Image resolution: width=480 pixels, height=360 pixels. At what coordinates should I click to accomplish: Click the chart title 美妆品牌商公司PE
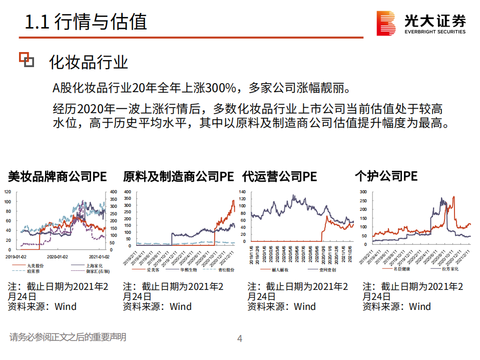[x=57, y=176]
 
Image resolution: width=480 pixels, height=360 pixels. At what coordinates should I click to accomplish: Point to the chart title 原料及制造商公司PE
[x=179, y=176]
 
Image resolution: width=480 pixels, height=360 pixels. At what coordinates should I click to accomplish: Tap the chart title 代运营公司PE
[x=279, y=176]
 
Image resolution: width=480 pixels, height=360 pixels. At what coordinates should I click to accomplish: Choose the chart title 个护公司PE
[x=386, y=176]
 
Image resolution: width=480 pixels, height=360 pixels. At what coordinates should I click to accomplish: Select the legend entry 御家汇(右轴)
[x=96, y=271]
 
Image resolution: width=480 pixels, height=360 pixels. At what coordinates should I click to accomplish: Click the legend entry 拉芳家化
[x=448, y=269]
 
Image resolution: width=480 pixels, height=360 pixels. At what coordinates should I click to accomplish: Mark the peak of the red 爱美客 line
[x=233, y=200]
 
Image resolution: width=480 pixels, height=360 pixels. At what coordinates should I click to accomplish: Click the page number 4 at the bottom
[x=239, y=339]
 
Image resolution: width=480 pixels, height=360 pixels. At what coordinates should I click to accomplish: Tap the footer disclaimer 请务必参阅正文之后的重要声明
[x=68, y=337]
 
